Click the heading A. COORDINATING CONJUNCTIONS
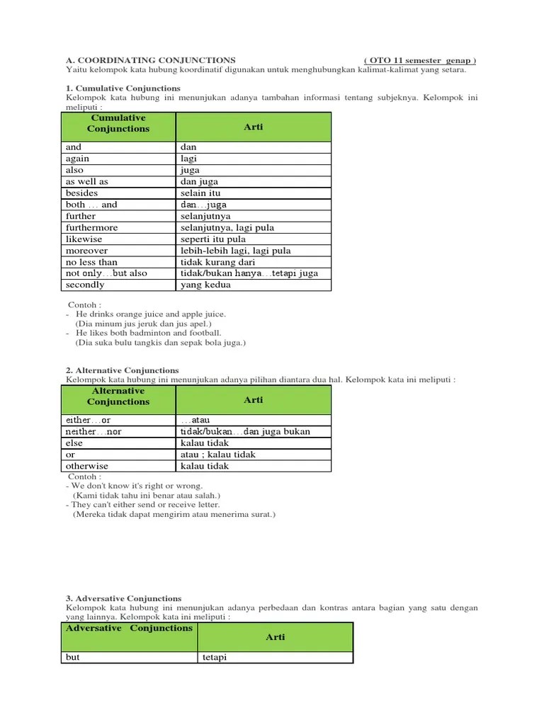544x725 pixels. click(150, 60)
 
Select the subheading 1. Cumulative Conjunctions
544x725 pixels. click(123, 88)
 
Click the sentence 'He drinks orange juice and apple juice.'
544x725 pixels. click(151, 314)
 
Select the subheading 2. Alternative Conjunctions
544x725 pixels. click(122, 370)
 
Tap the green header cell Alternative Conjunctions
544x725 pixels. click(118, 396)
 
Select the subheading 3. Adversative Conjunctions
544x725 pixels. click(123, 598)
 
